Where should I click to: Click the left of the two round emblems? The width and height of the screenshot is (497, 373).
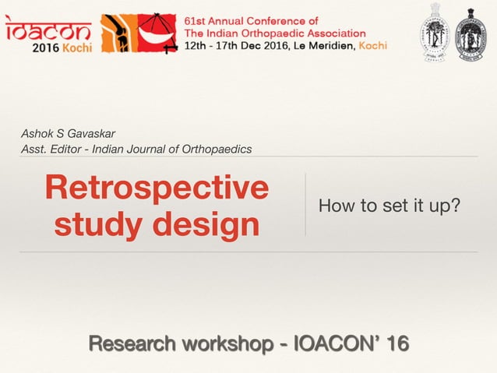[x=435, y=33]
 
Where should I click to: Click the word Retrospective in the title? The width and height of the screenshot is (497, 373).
[x=157, y=188]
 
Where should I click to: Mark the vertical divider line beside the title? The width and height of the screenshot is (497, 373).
[x=305, y=204]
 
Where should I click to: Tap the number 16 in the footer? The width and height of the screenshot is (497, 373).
[x=395, y=343]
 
